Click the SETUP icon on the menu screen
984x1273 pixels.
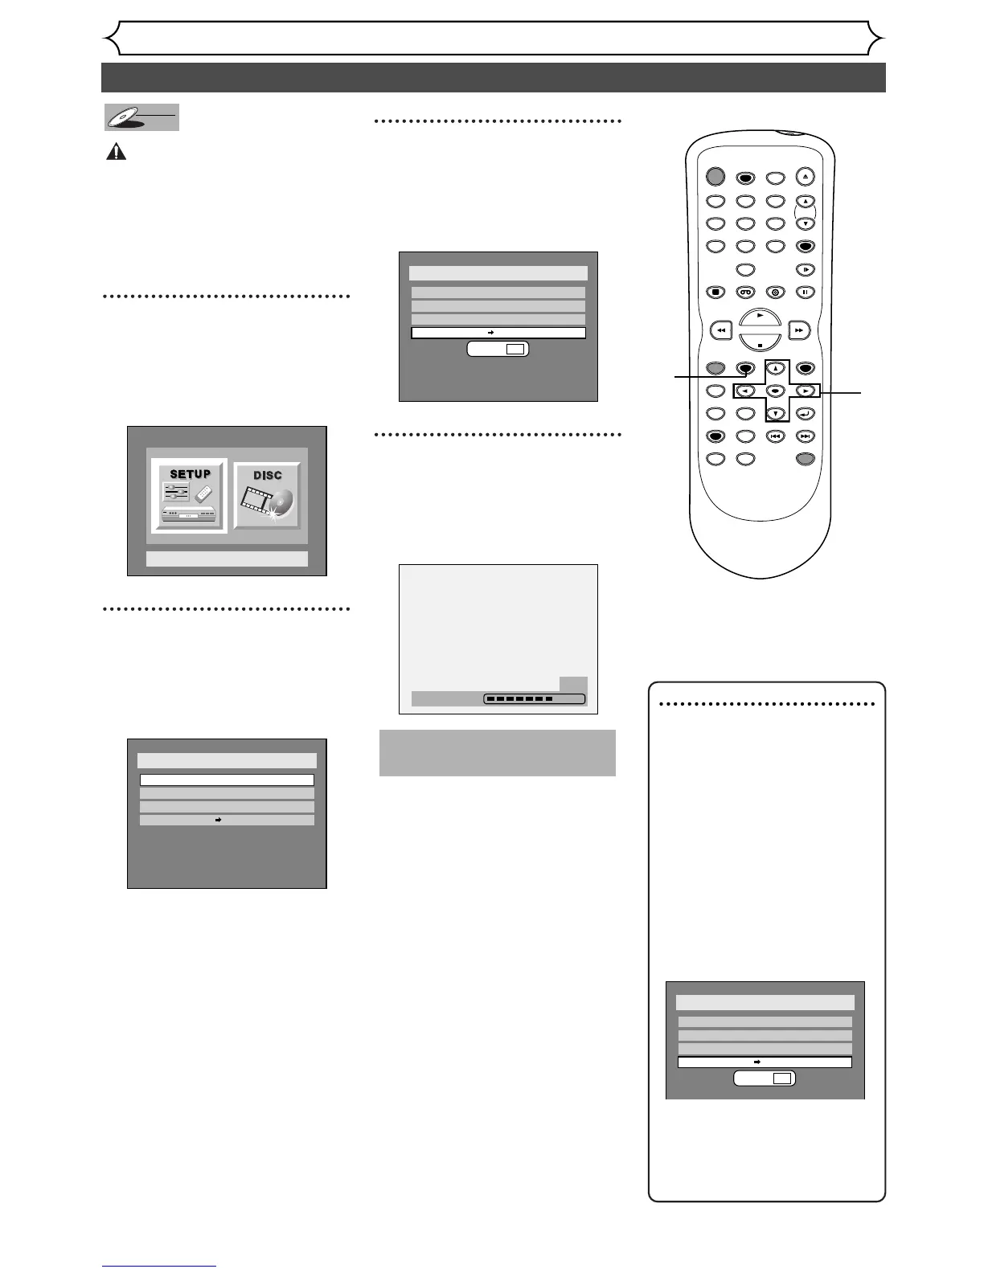click(x=190, y=496)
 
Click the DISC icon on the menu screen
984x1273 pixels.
click(x=268, y=496)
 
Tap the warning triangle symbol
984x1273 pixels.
click(x=117, y=152)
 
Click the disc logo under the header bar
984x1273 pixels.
click(x=141, y=117)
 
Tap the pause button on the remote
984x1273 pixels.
click(x=805, y=293)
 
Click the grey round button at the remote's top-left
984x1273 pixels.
click(x=715, y=177)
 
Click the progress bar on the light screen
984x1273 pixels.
click(x=535, y=699)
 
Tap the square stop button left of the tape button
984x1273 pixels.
click(x=715, y=293)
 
